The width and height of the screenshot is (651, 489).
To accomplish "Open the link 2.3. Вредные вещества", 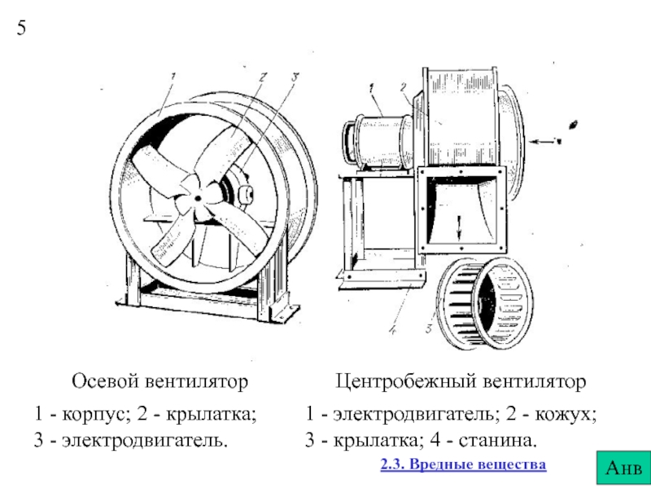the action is point(463,465).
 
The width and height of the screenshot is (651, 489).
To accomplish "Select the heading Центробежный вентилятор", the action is point(461,381).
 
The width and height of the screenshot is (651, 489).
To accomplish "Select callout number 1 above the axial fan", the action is point(173,79).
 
